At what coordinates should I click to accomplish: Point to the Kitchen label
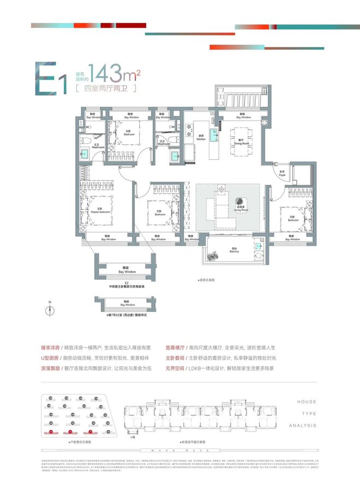click(200, 138)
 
